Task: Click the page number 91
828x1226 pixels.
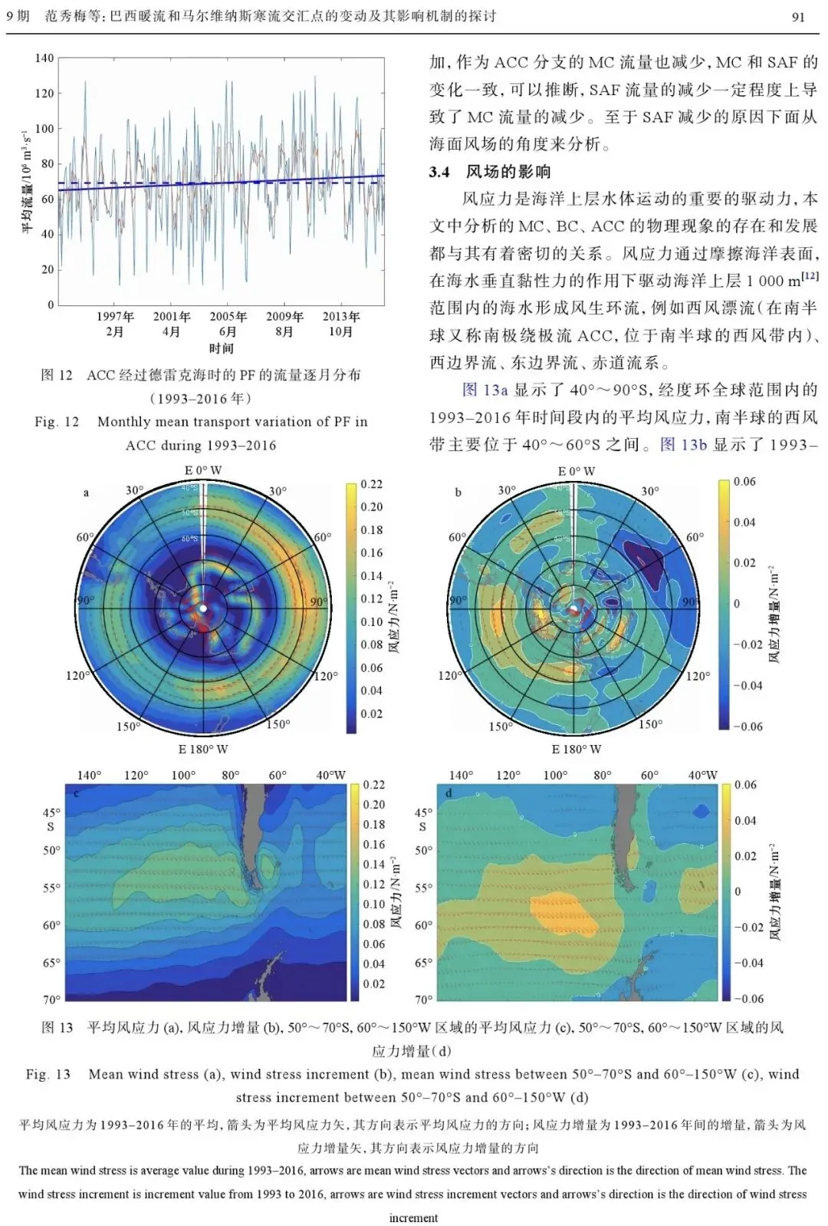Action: tap(797, 16)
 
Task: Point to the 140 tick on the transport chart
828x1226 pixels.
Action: tap(44, 58)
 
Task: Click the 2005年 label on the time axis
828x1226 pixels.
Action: tap(228, 317)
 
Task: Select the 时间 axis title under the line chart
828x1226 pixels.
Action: tap(221, 348)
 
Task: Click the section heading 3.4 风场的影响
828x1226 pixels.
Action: tap(489, 171)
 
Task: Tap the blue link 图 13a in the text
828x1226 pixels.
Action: tap(485, 390)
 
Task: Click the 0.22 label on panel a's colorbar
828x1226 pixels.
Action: tap(372, 484)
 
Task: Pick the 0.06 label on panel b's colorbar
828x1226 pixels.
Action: tap(744, 482)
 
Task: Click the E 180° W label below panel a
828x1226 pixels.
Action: tap(203, 749)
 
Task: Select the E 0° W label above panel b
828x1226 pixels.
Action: tap(577, 471)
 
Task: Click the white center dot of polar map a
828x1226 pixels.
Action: tap(203, 608)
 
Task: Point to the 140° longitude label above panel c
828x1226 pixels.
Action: tap(89, 775)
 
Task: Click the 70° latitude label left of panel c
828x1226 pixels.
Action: tap(51, 1000)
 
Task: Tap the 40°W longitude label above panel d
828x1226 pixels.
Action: tap(702, 775)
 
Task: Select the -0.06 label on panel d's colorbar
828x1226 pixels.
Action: tap(747, 998)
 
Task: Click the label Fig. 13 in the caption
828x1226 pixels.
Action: tap(48, 1074)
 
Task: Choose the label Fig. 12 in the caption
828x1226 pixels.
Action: tap(57, 421)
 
